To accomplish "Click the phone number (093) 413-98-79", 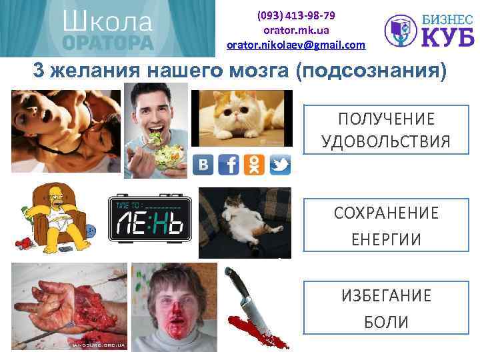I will [x=296, y=15].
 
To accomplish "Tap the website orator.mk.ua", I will [x=296, y=30].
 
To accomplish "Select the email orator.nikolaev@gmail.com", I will [x=296, y=45].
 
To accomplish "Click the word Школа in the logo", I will [x=107, y=21].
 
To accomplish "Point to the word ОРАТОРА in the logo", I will [x=107, y=42].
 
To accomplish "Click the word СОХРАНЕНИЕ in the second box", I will [x=386, y=213].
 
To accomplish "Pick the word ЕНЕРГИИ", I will [x=386, y=239].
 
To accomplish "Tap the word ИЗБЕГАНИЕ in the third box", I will [x=386, y=295].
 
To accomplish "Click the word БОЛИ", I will [x=386, y=322].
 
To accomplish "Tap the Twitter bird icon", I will [x=280, y=164].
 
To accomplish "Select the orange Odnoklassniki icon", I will [x=254, y=164].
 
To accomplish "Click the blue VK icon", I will [x=203, y=164].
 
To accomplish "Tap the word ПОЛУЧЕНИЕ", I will [x=386, y=119].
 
